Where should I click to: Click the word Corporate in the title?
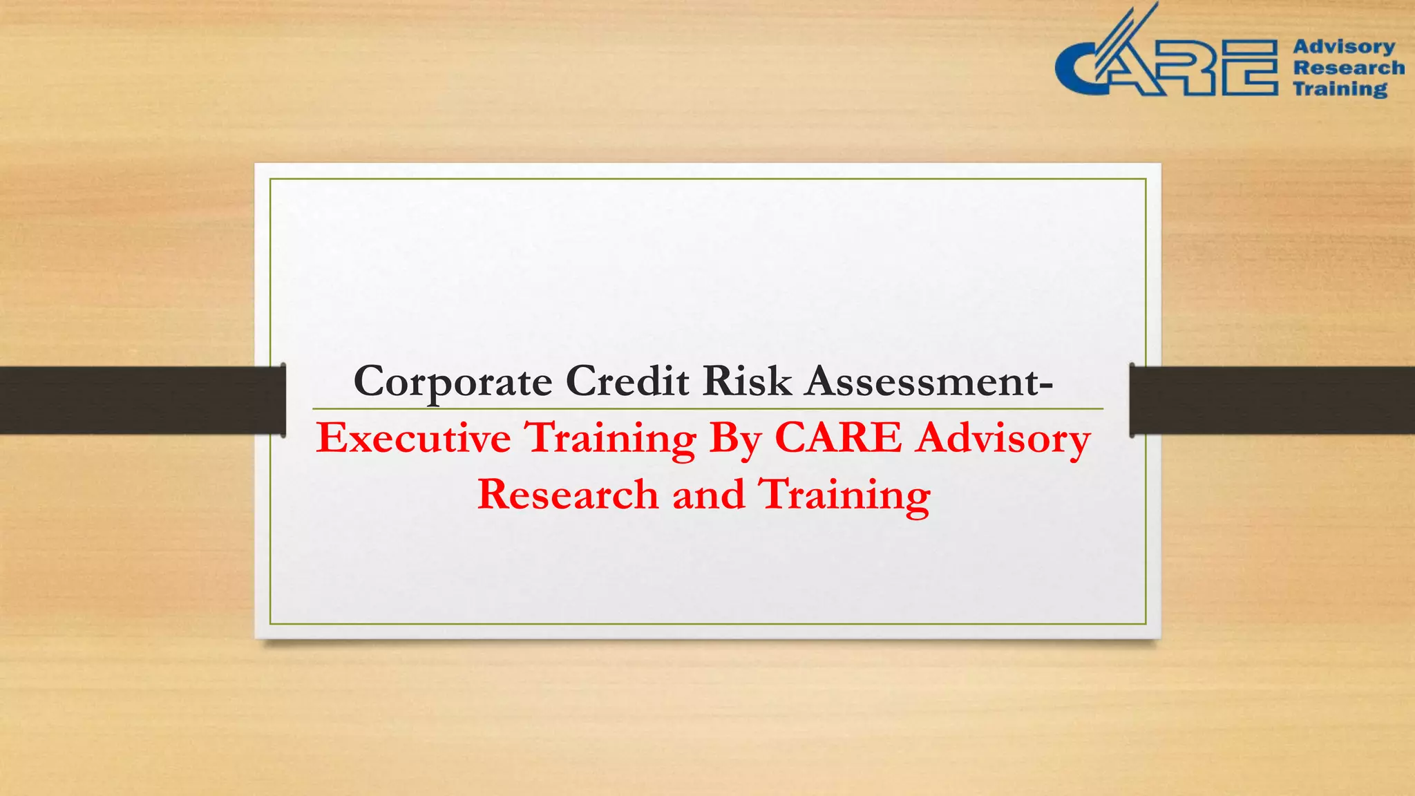click(x=453, y=381)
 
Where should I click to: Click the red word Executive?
click(x=413, y=438)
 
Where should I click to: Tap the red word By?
click(x=735, y=439)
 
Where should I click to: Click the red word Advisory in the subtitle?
click(x=1003, y=439)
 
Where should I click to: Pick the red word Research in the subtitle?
click(x=568, y=495)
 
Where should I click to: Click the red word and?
click(x=708, y=495)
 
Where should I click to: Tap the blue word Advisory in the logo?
click(x=1344, y=46)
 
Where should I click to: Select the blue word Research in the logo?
click(x=1349, y=68)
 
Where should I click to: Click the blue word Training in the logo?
click(x=1340, y=89)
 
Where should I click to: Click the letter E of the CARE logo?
click(x=1249, y=67)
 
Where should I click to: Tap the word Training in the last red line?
click(x=844, y=496)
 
